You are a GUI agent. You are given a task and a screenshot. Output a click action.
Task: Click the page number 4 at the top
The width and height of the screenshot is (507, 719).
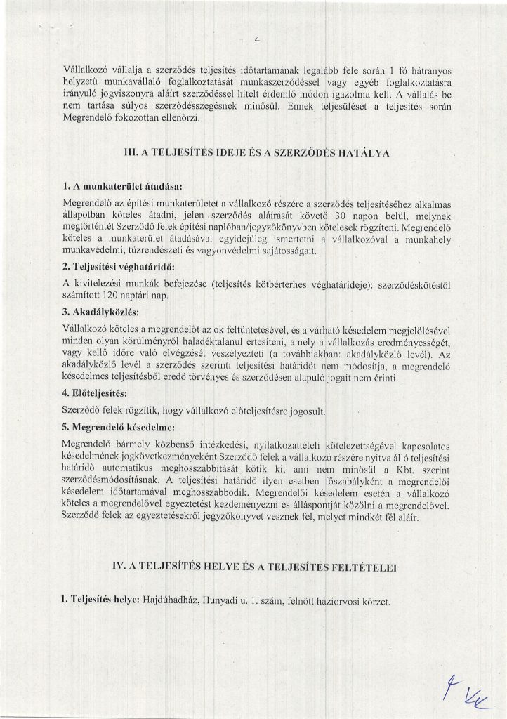(257, 39)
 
